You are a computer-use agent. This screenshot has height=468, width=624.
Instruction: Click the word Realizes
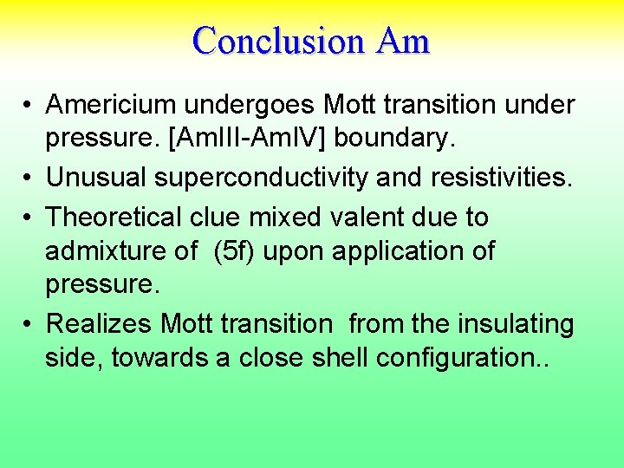click(100, 324)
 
